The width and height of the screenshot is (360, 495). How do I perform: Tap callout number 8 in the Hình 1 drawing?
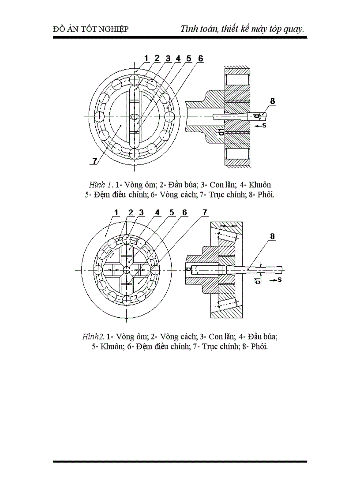tap(273, 101)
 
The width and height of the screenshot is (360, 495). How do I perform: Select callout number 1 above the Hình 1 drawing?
tap(146, 58)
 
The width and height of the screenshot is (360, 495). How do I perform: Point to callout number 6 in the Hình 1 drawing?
tap(200, 58)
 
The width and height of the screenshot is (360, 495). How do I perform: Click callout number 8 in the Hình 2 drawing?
tap(273, 236)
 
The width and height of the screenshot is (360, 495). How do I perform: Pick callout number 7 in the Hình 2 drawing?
tap(205, 212)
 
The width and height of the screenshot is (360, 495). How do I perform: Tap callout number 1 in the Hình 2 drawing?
tap(116, 212)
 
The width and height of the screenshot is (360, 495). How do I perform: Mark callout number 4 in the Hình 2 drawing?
tap(157, 212)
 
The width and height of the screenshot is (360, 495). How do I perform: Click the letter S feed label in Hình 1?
tap(264, 126)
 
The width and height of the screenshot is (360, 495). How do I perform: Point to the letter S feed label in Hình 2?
tap(280, 279)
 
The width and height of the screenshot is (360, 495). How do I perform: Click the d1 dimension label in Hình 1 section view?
tap(221, 131)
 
